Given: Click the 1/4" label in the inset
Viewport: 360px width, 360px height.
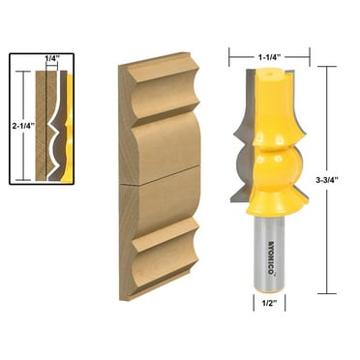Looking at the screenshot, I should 50,60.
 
